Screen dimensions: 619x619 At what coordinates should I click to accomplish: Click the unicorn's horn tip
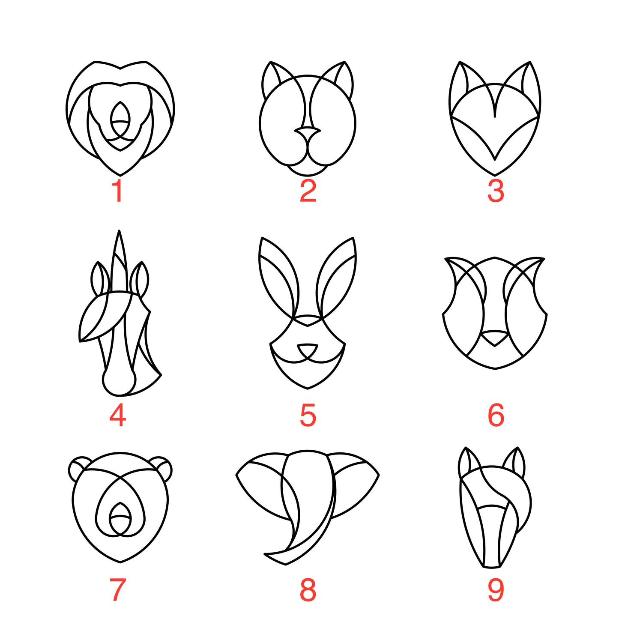119,230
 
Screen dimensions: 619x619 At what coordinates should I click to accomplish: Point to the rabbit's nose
308,350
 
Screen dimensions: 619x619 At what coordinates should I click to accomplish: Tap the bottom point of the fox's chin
495,175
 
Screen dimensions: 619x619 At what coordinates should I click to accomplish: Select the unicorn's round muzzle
119,381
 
